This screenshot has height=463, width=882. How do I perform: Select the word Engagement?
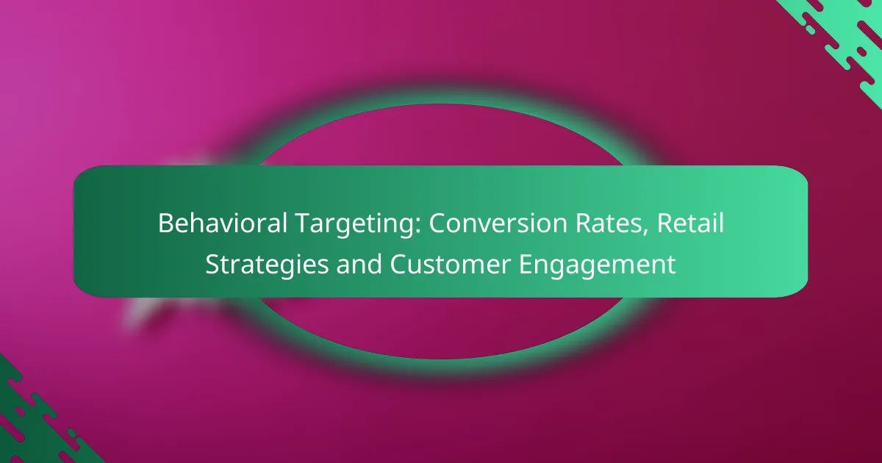click(598, 264)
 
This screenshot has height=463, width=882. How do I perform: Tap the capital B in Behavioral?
click(165, 223)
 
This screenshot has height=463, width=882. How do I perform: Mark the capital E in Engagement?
click(527, 264)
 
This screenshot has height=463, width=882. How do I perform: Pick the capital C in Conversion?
click(438, 223)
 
